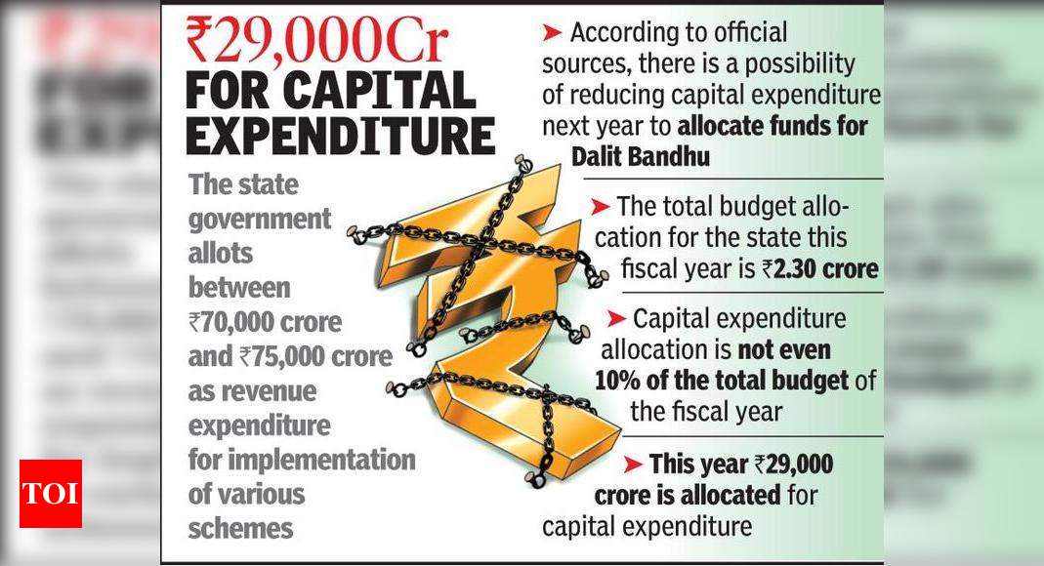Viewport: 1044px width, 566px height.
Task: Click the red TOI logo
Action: coord(50,494)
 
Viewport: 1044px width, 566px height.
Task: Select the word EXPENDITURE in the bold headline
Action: coord(339,135)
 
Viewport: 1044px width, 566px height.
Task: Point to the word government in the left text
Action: coord(259,219)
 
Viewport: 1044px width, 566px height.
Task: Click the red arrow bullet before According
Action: coord(552,33)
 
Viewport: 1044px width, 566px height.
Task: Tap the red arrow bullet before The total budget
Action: coord(600,207)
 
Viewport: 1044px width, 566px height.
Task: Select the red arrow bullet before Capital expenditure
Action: coord(616,319)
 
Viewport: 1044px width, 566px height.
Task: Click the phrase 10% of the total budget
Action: coord(723,381)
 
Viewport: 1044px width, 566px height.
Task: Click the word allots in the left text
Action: coord(220,254)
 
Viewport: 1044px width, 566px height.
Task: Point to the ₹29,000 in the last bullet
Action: coord(794,465)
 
